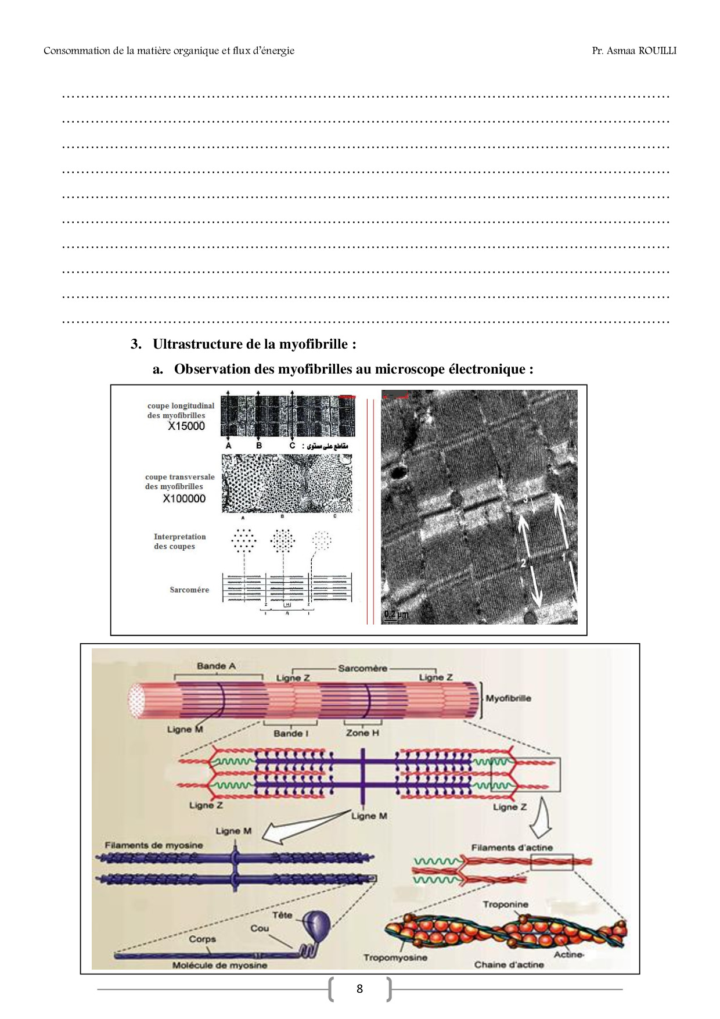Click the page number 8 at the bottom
(359, 989)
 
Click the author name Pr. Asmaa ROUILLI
(634, 51)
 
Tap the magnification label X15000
(186, 426)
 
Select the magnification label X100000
(184, 498)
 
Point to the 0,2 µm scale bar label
(396, 615)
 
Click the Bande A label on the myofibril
(216, 666)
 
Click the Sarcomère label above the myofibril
(362, 668)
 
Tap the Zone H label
(362, 733)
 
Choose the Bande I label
(291, 733)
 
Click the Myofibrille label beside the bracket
(508, 698)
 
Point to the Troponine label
(505, 905)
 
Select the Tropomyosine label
(395, 957)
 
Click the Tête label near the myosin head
(282, 915)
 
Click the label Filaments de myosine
(154, 845)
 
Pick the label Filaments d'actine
(512, 848)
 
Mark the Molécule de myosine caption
(219, 965)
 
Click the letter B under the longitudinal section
(258, 446)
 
